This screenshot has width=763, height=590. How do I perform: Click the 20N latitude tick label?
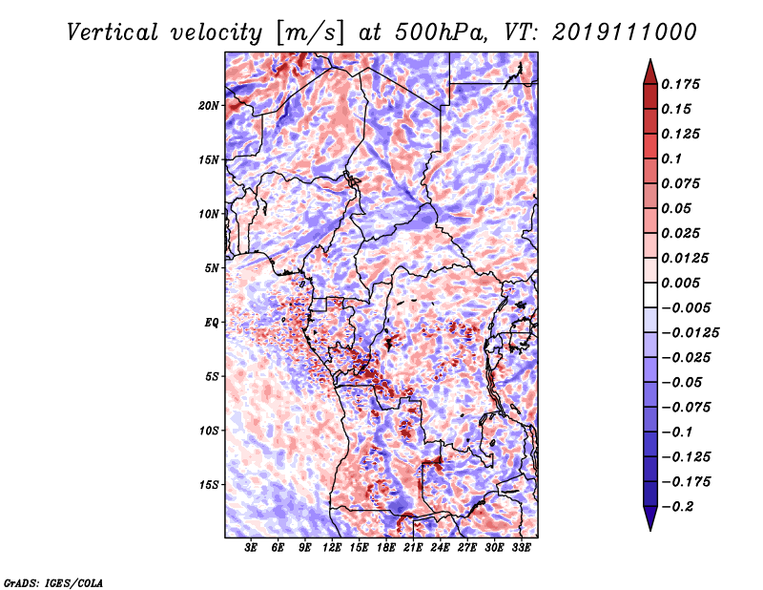pos(209,105)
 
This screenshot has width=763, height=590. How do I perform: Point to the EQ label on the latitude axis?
pos(211,323)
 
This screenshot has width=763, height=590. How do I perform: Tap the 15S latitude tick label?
pos(209,485)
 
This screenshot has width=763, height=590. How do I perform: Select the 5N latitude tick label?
pos(212,268)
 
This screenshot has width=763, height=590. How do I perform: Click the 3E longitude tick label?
pos(251,548)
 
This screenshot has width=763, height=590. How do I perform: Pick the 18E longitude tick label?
pos(386,548)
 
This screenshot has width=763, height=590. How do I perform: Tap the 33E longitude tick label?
pos(521,548)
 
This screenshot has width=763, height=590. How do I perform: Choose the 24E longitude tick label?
pos(440,548)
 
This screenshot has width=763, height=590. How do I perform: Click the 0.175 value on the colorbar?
pos(680,84)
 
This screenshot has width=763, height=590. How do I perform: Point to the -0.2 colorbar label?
pos(677,507)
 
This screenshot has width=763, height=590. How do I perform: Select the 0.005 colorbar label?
pos(680,283)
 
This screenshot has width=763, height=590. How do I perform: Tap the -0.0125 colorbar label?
pos(690,333)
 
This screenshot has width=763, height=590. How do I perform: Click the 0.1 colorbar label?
pos(671,158)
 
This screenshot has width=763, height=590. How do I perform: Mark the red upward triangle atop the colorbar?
pos(650,73)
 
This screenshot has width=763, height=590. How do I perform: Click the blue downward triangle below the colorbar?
pos(650,518)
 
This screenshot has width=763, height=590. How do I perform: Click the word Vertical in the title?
pos(113,32)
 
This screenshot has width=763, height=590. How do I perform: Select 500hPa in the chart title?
pos(441,32)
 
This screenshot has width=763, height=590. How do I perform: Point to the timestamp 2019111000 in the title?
pos(625,32)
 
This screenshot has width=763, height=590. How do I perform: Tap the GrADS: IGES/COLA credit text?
pos(53,582)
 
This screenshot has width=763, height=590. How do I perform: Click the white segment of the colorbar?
pos(650,295)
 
